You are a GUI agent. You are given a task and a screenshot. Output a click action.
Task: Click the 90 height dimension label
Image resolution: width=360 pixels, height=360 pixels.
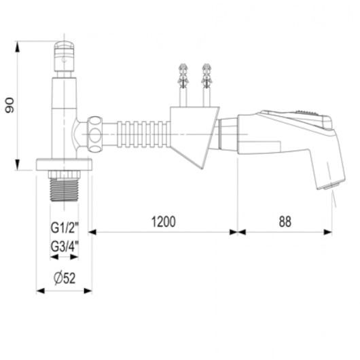(x=10, y=105)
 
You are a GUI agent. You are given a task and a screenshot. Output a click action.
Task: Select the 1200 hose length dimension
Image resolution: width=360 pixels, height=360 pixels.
(x=164, y=222)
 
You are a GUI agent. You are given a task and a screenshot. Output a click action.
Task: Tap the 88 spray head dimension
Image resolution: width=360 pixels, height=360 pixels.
(x=285, y=222)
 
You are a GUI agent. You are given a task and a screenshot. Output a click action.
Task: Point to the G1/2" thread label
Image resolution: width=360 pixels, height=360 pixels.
(x=65, y=228)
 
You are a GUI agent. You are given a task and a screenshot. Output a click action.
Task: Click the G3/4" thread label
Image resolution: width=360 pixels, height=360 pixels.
(x=65, y=247)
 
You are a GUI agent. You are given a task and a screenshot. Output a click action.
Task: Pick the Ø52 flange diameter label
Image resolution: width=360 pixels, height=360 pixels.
(x=65, y=278)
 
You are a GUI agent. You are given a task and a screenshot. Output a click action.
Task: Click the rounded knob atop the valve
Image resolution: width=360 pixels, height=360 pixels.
(x=64, y=56)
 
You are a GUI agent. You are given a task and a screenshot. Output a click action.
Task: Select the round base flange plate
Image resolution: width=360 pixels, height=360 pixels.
(x=64, y=164)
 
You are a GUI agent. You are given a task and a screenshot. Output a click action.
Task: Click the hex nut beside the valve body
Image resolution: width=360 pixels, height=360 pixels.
(x=95, y=134)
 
